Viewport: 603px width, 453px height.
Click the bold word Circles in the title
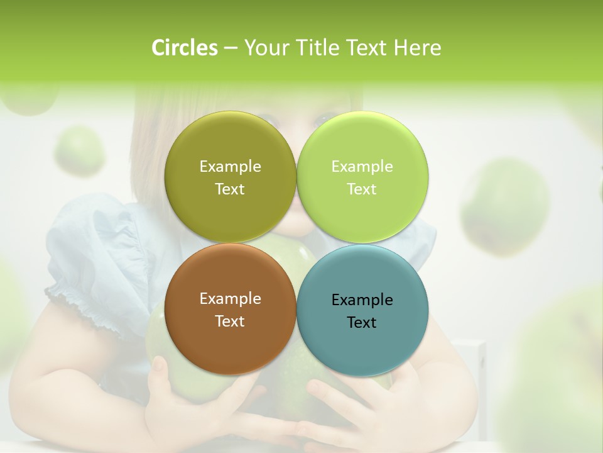(x=185, y=48)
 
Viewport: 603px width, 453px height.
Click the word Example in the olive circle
(x=230, y=166)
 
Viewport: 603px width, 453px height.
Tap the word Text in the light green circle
(x=362, y=189)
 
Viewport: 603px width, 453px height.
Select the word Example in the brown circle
(x=230, y=298)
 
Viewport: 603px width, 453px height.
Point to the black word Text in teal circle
(x=362, y=322)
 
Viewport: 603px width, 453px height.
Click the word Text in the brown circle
(x=230, y=321)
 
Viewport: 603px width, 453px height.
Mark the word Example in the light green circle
(x=362, y=166)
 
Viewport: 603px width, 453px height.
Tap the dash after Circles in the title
(x=230, y=48)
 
